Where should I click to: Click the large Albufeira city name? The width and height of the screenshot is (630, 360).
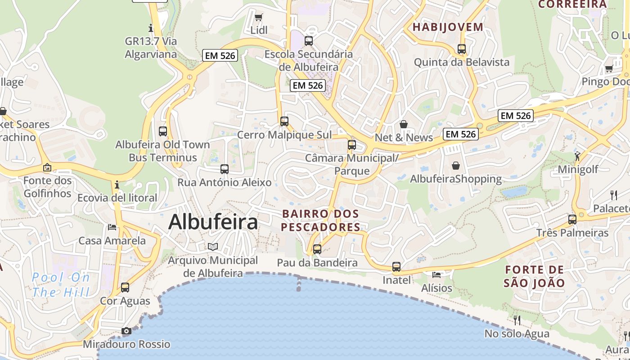point(213,222)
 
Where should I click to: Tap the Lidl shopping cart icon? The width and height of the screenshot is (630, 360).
point(259,18)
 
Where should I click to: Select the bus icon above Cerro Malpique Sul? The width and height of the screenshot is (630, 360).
point(284,121)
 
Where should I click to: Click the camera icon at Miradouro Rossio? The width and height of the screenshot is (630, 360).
point(126,331)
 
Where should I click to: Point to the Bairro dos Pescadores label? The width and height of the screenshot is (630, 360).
point(321,220)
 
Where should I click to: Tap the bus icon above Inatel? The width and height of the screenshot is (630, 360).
point(396,266)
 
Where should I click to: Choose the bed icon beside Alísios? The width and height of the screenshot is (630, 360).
point(436,274)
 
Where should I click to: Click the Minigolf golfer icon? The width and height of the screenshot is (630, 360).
point(577,156)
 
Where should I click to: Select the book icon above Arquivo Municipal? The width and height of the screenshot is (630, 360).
point(213,247)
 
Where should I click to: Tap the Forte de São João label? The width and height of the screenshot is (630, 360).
point(534,276)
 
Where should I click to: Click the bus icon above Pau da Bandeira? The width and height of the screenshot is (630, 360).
point(317,249)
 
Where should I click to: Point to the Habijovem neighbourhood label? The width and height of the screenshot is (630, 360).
point(448,27)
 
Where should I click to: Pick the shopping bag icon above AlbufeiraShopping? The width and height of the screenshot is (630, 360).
point(456,166)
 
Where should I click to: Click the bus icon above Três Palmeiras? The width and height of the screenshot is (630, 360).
point(572,220)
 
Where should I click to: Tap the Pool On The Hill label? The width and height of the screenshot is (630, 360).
point(61,285)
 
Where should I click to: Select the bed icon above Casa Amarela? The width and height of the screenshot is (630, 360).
point(112,227)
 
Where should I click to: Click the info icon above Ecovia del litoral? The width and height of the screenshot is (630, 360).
point(117,184)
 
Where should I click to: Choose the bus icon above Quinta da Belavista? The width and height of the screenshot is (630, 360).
point(461,49)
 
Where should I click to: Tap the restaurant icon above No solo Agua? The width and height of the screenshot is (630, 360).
point(517,320)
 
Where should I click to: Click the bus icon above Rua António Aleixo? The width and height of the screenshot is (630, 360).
point(225,169)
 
